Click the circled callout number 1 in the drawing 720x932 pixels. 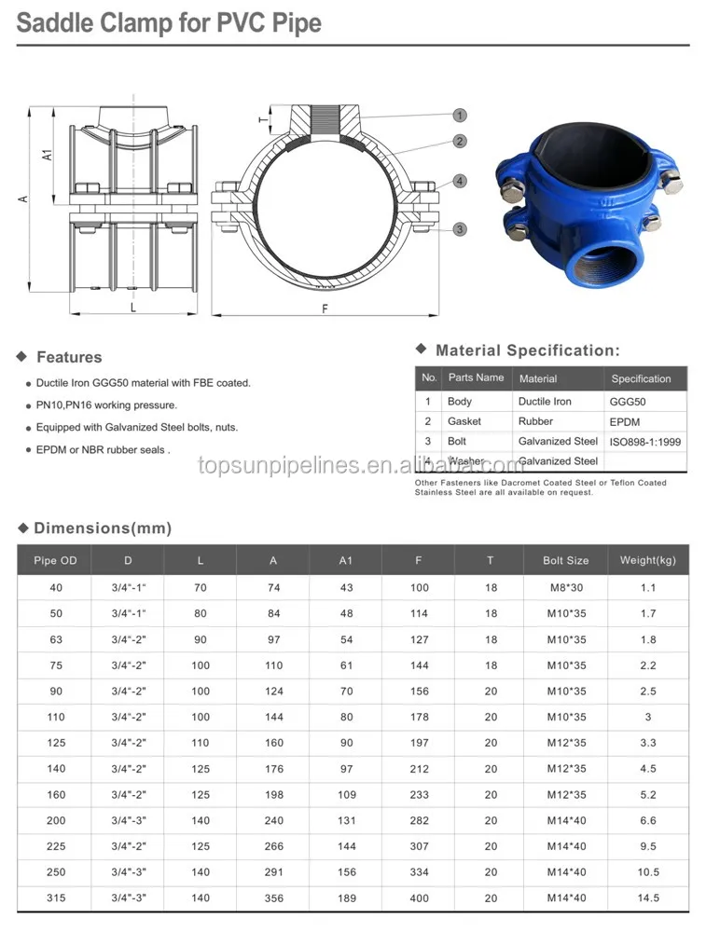coord(459,116)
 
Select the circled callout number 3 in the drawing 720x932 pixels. coord(459,229)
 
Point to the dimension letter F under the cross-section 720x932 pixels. coord(325,308)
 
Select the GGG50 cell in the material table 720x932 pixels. coord(628,402)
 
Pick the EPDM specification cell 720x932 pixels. coord(626,421)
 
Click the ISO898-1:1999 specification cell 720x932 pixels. coord(646,442)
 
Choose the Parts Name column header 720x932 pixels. coord(476,377)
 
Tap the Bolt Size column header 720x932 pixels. coord(566,561)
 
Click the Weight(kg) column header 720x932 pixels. coord(648,561)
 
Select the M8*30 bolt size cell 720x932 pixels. coord(566,588)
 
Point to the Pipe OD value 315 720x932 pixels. coord(56,898)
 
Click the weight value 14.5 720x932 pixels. coord(648,898)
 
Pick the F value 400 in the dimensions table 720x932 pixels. coord(420,898)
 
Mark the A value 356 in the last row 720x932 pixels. coord(273,898)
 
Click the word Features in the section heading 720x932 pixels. coord(69,357)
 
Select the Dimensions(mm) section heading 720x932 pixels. coord(103,528)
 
